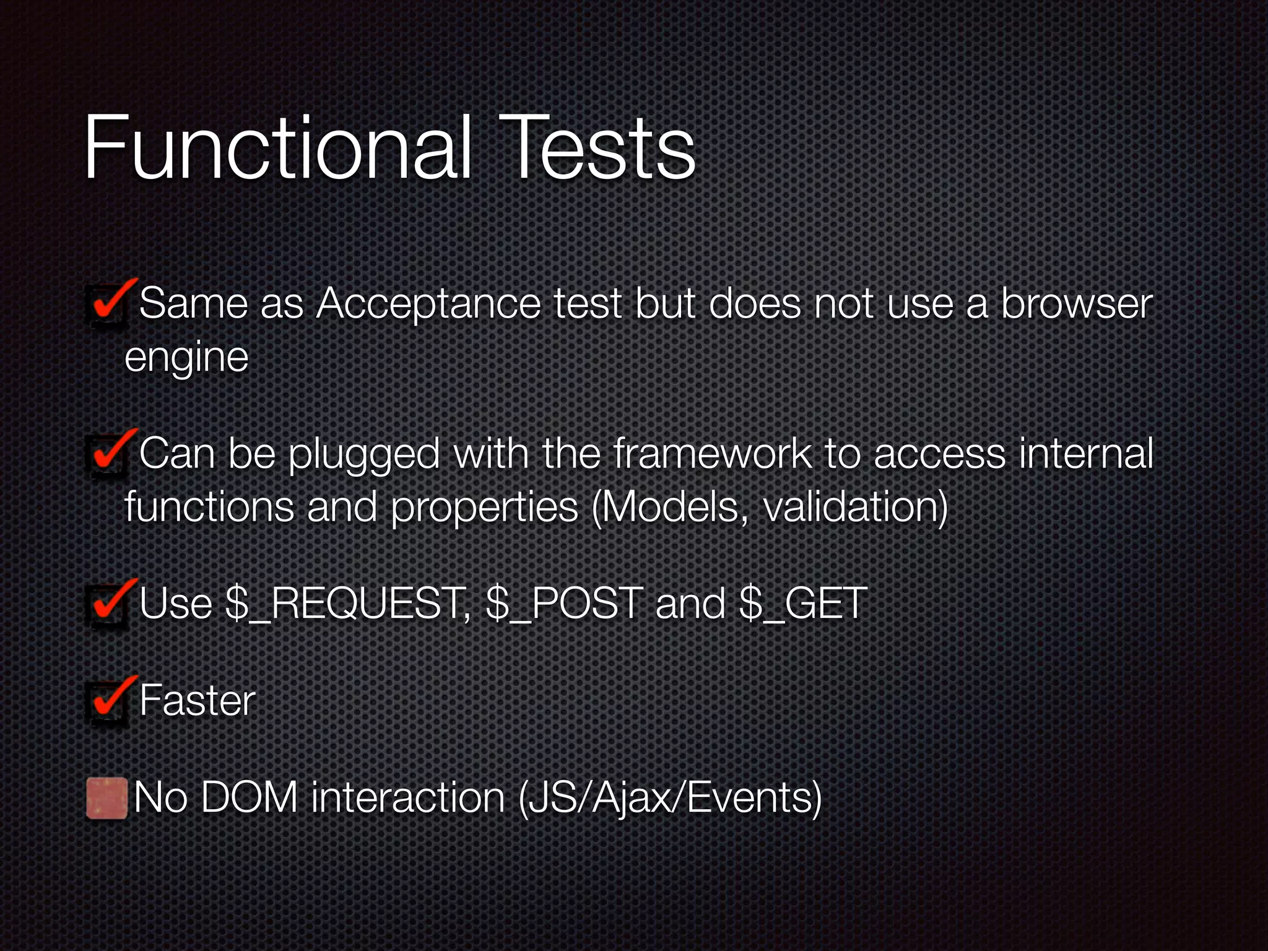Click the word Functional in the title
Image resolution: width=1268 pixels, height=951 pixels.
277,149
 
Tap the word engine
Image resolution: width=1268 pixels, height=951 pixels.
186,358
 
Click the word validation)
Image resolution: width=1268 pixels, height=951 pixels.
855,508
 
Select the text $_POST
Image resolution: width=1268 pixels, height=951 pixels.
564,604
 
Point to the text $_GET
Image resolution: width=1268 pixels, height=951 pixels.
803,604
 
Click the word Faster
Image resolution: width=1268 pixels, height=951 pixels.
197,701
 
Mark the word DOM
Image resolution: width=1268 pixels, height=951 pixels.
249,798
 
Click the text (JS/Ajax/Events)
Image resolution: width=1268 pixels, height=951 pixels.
670,799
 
